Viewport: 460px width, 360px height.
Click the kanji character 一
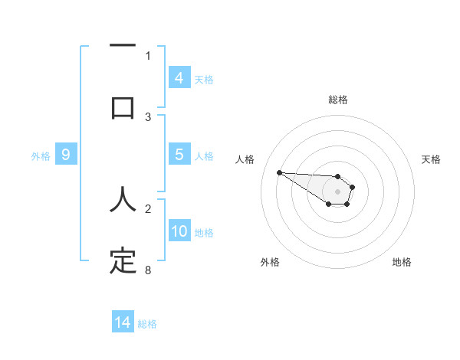[x=123, y=47]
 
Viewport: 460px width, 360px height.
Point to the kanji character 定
[x=123, y=260]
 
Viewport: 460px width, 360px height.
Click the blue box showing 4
[x=179, y=77]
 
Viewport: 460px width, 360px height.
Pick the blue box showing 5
[x=179, y=154]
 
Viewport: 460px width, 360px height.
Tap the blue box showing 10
[x=179, y=231]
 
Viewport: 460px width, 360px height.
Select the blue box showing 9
[x=66, y=155]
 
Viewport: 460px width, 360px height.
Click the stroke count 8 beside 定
[x=147, y=270]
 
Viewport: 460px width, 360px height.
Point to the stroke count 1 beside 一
[x=148, y=55]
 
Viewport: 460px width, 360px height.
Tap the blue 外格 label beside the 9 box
[x=41, y=156]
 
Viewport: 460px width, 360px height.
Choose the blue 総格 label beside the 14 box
[x=147, y=324]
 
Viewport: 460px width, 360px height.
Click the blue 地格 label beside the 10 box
[x=204, y=233]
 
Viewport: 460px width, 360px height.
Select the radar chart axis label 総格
[x=337, y=100]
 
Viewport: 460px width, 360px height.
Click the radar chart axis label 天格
[x=431, y=159]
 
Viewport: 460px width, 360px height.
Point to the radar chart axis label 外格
[x=270, y=262]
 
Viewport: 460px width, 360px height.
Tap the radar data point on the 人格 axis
[x=279, y=172]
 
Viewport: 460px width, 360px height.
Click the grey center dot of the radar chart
[x=337, y=191]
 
